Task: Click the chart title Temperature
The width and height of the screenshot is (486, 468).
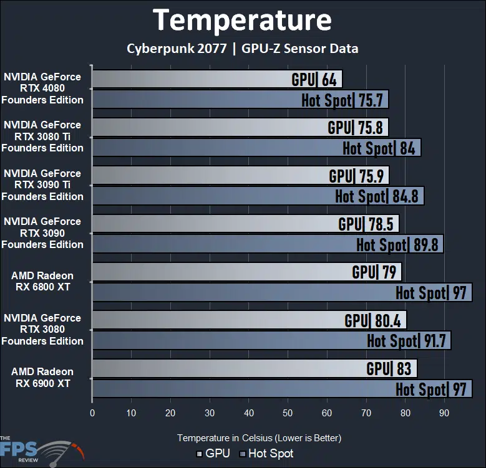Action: (242, 20)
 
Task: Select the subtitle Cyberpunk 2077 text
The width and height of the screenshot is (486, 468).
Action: (176, 48)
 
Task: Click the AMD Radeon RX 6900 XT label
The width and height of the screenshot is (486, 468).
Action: (42, 378)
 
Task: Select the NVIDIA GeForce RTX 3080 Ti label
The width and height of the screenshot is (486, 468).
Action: (42, 136)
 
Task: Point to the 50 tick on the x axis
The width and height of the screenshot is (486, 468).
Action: (288, 413)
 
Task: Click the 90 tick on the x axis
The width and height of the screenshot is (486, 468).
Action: (444, 413)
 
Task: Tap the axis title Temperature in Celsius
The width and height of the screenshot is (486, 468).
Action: (259, 438)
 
